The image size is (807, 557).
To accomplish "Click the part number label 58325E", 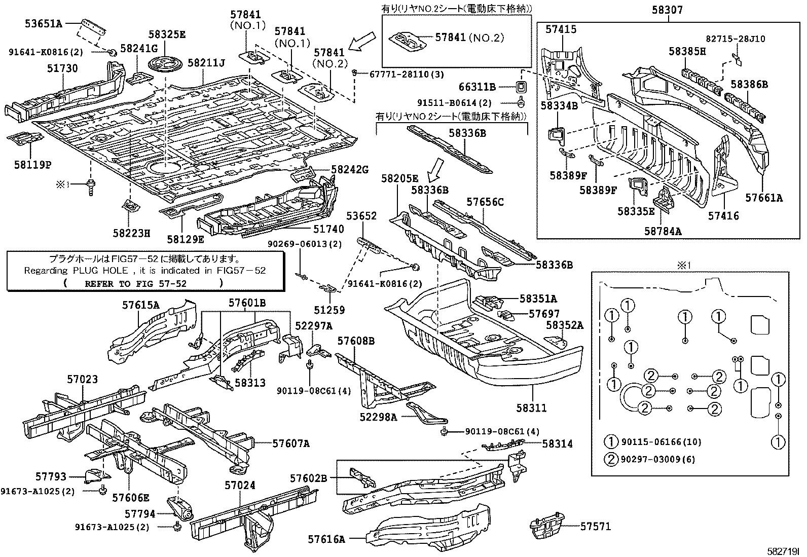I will click(x=167, y=34).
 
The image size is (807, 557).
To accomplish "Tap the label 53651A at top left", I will click(x=44, y=23).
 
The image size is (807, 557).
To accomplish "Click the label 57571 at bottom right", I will click(x=596, y=527).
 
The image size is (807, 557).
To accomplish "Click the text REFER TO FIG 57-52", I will click(x=135, y=283).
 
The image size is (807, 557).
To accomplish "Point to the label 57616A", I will click(x=326, y=540).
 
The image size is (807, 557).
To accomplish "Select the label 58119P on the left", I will click(x=32, y=165).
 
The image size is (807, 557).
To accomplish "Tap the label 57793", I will click(x=51, y=476).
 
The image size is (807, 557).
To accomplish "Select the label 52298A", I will click(x=379, y=417).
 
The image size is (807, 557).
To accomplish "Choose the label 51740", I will click(x=328, y=229).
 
